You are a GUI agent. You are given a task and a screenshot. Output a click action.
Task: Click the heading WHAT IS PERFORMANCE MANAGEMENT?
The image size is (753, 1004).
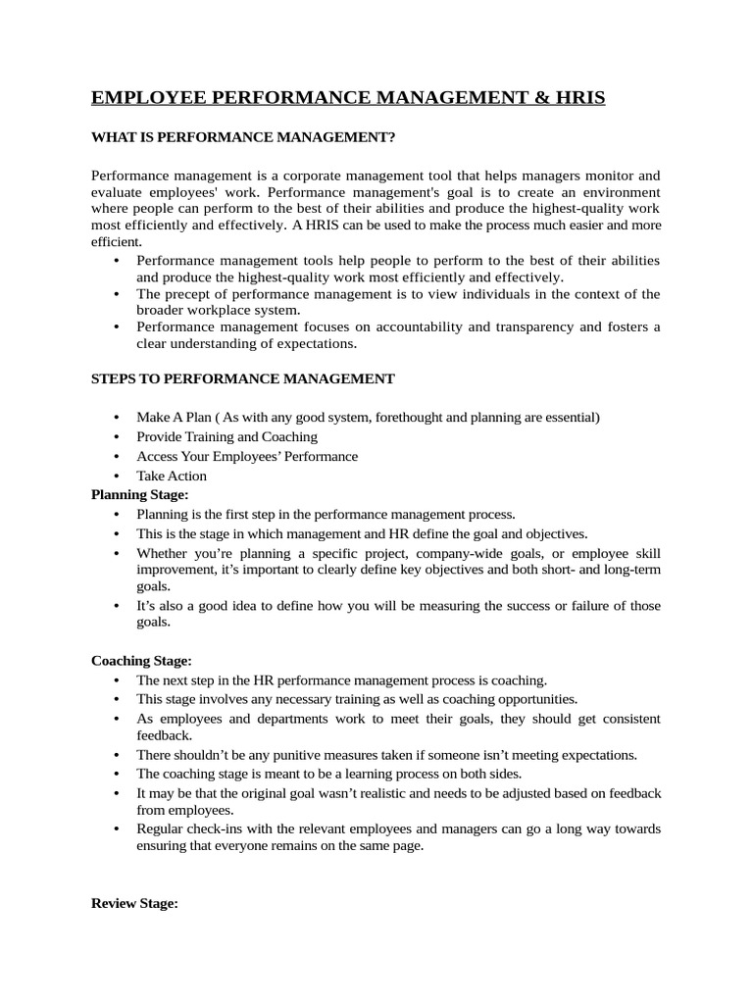coord(243,136)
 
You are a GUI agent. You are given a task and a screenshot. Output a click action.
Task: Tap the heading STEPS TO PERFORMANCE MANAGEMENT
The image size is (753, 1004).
coord(243,378)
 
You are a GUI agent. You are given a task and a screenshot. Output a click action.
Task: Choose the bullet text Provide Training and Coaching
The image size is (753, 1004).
coord(226,436)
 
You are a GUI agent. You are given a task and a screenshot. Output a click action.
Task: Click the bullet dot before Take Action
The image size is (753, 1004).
coord(117,477)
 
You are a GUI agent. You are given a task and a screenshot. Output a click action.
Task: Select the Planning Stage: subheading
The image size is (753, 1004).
coord(139,495)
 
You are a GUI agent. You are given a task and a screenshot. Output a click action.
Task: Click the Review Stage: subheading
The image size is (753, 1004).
coord(134,904)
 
